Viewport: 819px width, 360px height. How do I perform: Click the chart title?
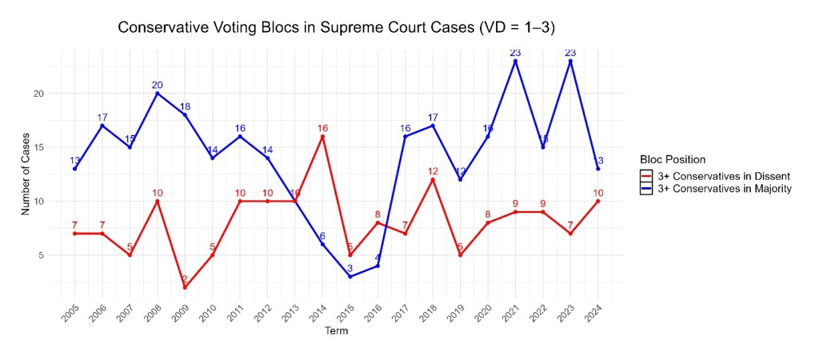point(337,28)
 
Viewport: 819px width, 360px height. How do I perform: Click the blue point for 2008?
point(158,94)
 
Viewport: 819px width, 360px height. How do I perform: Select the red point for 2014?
point(322,137)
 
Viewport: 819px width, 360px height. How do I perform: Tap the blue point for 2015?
point(350,277)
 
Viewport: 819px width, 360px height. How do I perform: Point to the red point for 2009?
point(185,288)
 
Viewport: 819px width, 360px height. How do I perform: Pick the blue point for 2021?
point(516,61)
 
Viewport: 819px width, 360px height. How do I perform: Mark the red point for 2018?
point(433,180)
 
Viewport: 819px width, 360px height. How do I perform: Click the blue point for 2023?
point(571,61)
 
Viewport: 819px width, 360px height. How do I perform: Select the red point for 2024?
point(598,202)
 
